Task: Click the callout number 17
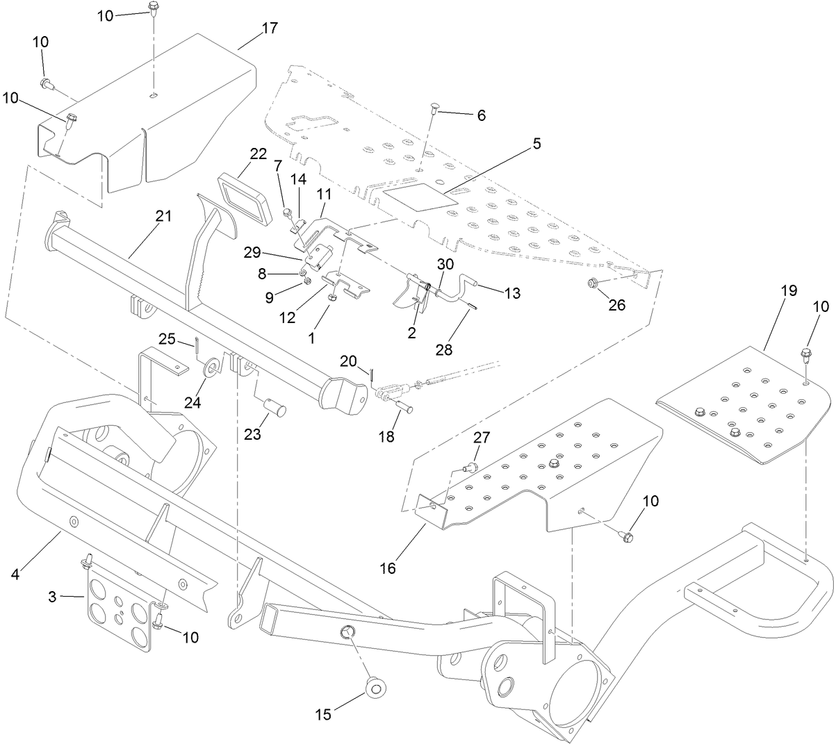coord(269,28)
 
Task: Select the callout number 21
coord(163,217)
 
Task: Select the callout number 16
coord(387,568)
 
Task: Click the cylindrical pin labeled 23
coord(266,405)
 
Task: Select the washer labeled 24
coord(210,367)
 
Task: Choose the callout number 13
coord(512,293)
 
